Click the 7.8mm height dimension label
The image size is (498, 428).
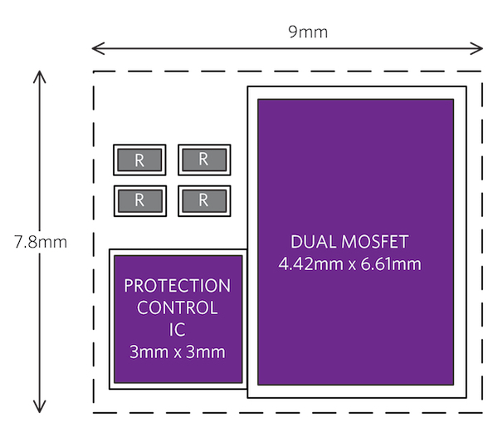click(40, 243)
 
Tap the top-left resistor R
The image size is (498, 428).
click(139, 160)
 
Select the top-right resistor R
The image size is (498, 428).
click(204, 160)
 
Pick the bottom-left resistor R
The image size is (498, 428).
click(139, 199)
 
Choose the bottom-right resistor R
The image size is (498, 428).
click(204, 199)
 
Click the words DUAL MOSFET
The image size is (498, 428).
click(350, 243)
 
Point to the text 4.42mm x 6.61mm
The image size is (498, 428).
click(350, 265)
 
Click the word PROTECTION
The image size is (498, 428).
click(177, 286)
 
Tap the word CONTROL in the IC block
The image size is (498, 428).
click(177, 308)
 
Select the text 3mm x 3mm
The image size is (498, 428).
click(177, 352)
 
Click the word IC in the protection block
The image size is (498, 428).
click(177, 330)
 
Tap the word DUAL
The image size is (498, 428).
click(310, 243)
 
